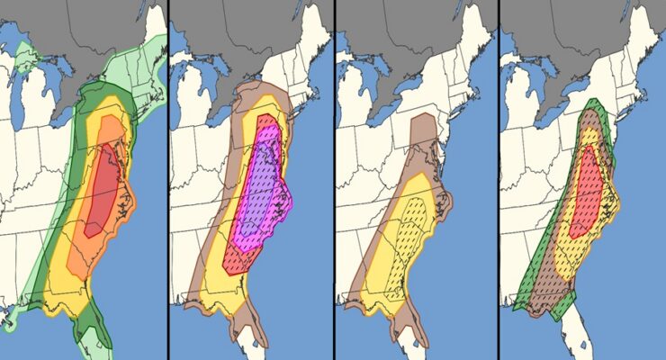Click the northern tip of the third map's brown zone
[423, 121]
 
